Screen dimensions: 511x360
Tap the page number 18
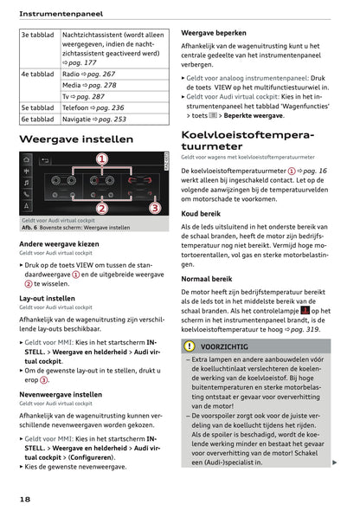26,500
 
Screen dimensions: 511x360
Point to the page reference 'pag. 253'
109,120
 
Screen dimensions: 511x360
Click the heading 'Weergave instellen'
76,139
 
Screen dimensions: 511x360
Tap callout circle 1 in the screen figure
101,159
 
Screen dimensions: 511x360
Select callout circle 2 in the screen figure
101,208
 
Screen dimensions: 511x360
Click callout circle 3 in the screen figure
154,208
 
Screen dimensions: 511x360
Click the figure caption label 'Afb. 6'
33,228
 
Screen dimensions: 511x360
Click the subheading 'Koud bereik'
201,213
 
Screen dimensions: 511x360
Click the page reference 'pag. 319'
294,329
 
